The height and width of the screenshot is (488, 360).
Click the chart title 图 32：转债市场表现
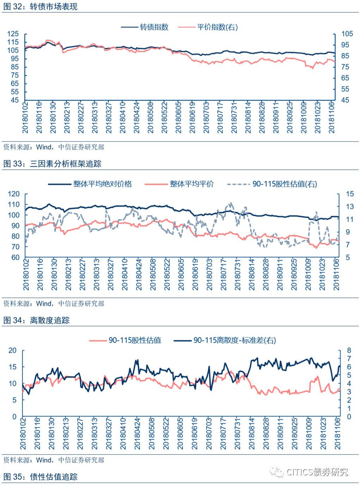coord(41,6)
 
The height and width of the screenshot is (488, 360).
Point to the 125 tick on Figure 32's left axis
coord(13,34)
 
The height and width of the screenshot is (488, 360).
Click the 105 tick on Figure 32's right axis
coord(347,34)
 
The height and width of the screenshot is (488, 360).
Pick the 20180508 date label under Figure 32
coord(151,117)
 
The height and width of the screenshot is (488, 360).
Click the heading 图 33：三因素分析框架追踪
coord(52,164)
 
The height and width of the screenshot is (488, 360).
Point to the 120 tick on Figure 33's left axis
coord(14,194)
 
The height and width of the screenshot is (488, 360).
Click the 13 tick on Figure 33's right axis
coord(350,206)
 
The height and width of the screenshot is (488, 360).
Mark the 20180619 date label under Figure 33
coord(195,274)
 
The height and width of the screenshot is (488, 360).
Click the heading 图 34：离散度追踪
coord(37,320)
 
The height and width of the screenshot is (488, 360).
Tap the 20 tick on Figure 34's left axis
coord(12,350)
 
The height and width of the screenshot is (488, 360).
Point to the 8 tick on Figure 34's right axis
coord(349,350)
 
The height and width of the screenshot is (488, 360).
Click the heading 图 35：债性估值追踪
coord(41,477)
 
